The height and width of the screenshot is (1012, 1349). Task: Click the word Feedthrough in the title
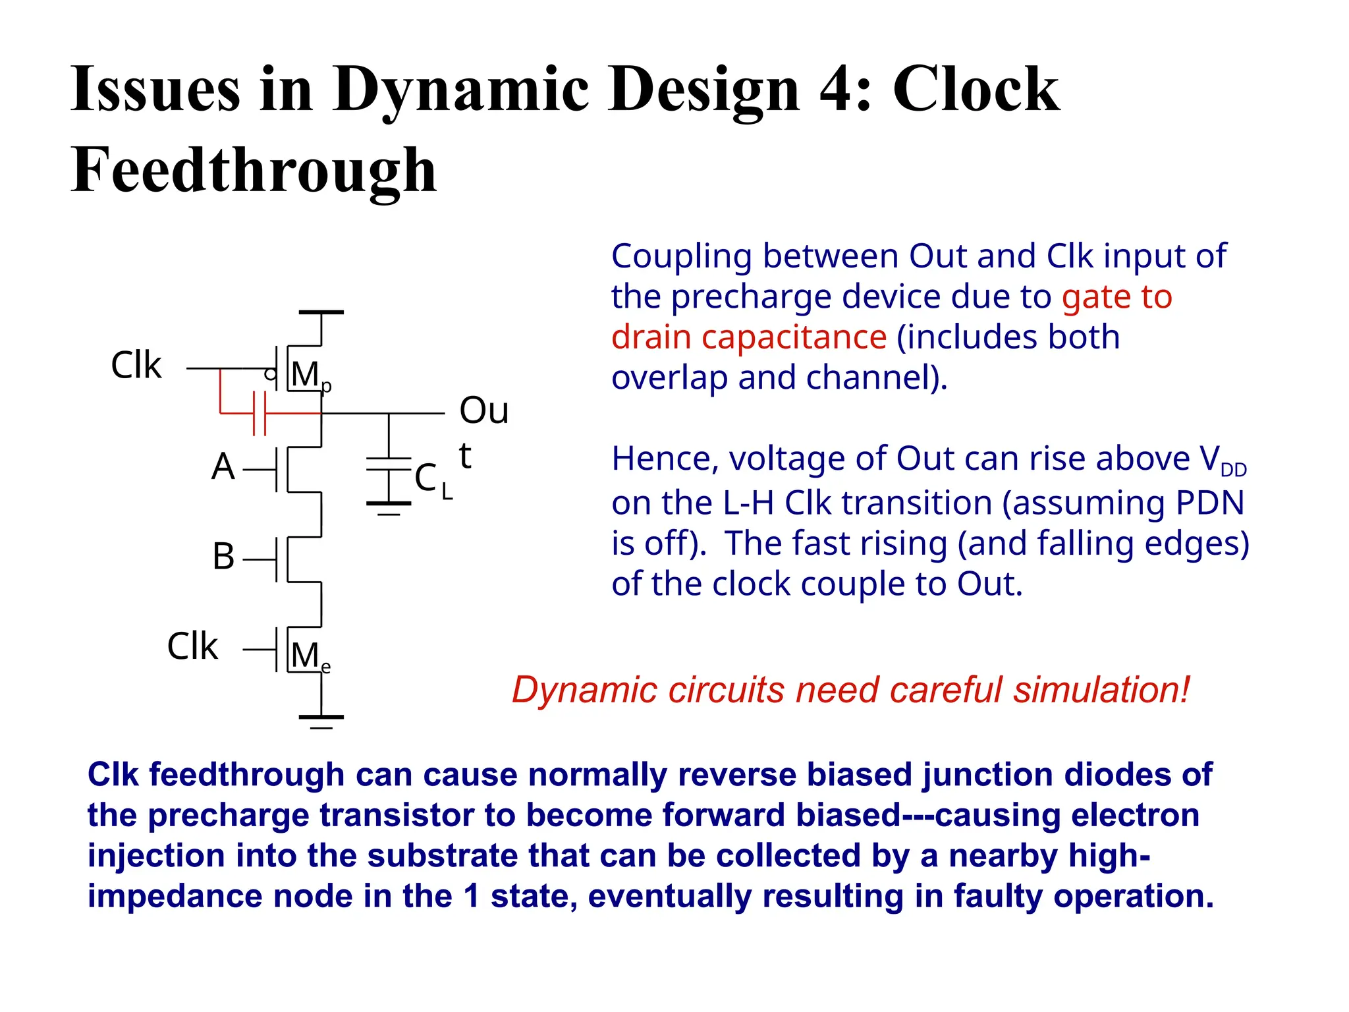click(254, 170)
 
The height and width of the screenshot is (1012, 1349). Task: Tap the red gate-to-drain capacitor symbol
click(260, 413)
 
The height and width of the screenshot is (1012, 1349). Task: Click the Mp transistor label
click(310, 376)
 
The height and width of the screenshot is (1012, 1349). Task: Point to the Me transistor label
click(310, 657)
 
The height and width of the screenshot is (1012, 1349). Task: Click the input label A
click(223, 467)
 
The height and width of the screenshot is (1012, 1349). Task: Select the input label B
click(223, 557)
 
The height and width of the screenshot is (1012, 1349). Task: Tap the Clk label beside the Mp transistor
click(136, 366)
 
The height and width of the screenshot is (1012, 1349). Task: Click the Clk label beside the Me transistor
click(192, 646)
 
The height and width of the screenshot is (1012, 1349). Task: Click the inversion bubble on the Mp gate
click(270, 375)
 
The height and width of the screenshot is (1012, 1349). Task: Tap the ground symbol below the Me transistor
click(321, 721)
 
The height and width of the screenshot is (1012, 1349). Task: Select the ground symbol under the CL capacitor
click(389, 507)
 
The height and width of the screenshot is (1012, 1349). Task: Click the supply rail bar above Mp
click(321, 312)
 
